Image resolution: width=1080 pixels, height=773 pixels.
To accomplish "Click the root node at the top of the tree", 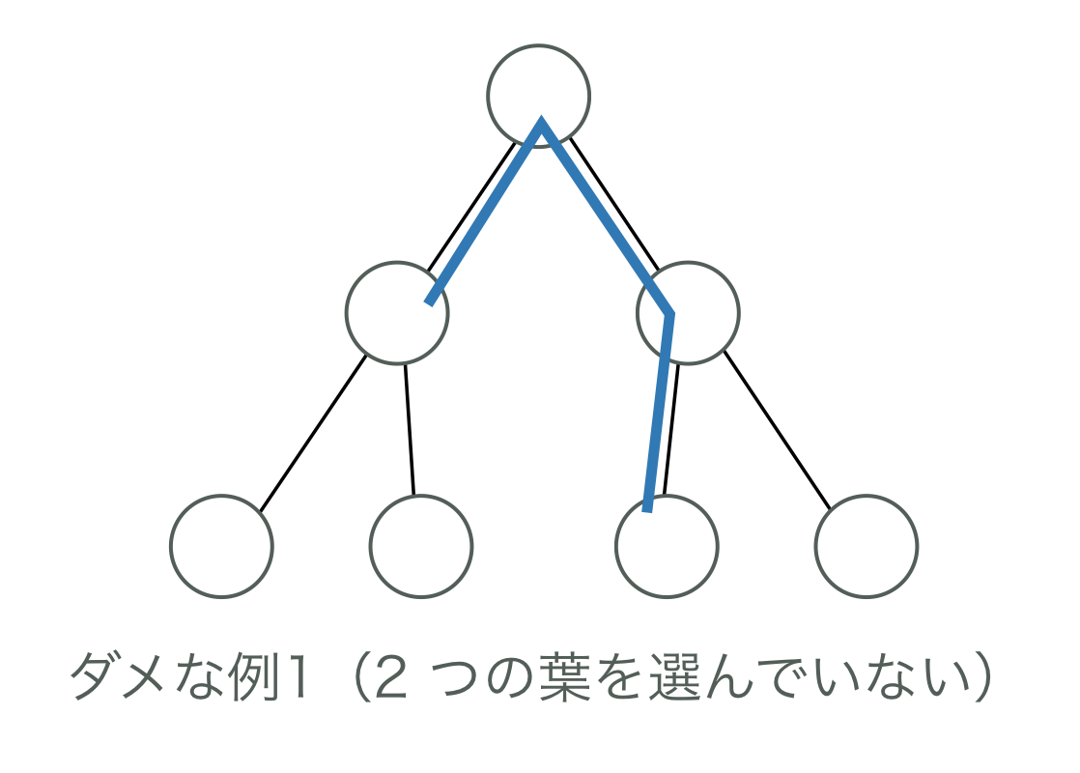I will click(x=538, y=95).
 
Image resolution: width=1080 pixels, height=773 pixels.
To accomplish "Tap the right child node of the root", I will click(x=688, y=313).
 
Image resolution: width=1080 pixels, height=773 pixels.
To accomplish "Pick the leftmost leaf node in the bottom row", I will click(x=221, y=546).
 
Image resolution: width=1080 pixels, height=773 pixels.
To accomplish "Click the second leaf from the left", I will click(x=420, y=546).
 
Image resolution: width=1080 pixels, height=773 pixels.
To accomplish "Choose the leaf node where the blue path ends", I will click(x=667, y=547).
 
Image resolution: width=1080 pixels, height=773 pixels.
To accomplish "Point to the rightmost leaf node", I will click(x=866, y=546).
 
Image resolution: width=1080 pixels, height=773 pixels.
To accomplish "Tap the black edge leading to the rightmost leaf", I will click(x=777, y=430).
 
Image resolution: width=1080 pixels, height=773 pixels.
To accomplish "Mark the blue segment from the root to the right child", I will click(x=605, y=217).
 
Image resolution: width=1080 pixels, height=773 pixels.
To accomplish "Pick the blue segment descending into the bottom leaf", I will click(x=659, y=411).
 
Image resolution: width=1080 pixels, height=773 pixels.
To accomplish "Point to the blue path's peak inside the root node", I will click(x=541, y=124).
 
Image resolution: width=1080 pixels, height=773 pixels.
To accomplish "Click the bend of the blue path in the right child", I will click(x=669, y=313).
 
